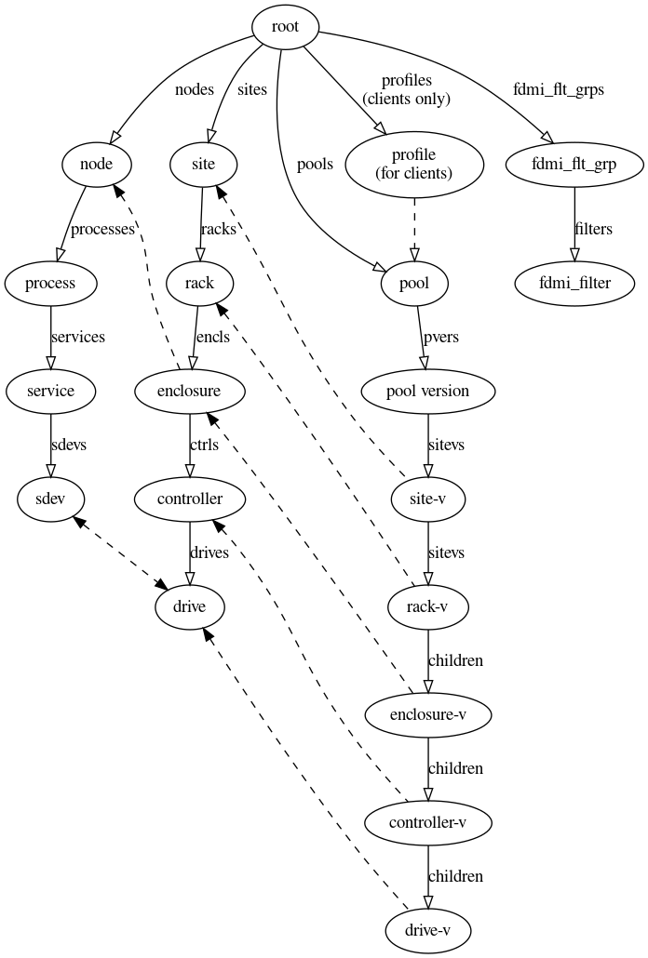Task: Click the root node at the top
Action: (285, 27)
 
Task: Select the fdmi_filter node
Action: (574, 283)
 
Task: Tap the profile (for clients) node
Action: (413, 166)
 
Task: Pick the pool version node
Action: (427, 392)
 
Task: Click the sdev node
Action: (50, 499)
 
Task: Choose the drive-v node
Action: (427, 931)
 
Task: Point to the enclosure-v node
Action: (427, 715)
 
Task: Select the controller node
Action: (190, 499)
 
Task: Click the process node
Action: (50, 283)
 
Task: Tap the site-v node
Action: (427, 499)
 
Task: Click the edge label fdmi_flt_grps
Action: (558, 90)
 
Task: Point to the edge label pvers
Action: (440, 337)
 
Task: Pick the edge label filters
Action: (593, 229)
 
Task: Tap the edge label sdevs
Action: (68, 445)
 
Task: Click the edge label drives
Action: (209, 553)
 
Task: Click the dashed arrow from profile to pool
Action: (413, 229)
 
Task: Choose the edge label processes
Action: (102, 229)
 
